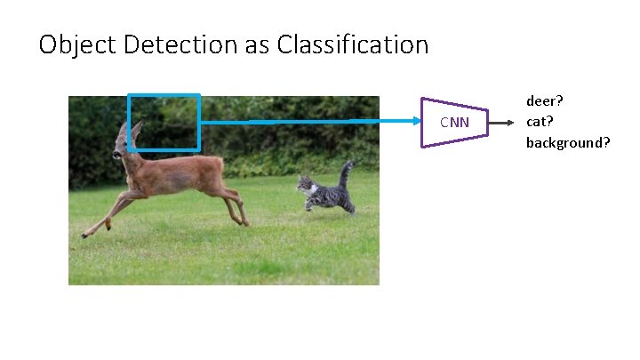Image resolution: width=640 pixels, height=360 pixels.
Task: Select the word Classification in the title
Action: [x=353, y=44]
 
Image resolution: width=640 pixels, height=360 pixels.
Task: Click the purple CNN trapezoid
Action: [x=454, y=122]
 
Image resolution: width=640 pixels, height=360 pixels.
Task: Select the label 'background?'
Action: [x=567, y=141]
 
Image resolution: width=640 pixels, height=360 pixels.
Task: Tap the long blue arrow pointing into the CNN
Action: [x=311, y=121]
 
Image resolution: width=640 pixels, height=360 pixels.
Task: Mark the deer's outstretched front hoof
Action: [x=85, y=235]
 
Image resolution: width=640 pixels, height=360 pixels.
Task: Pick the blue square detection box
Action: [x=164, y=96]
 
